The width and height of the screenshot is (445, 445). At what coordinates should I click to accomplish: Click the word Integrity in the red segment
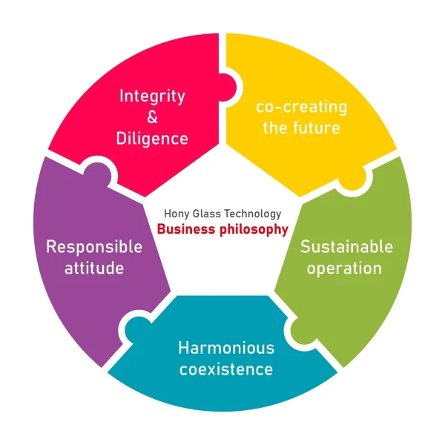pyautogui.click(x=152, y=96)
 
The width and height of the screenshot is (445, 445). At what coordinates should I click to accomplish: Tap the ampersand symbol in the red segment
pyautogui.click(x=152, y=117)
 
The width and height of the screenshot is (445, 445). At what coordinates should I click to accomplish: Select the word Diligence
pyautogui.click(x=152, y=139)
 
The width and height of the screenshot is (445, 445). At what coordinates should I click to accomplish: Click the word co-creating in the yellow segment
pyautogui.click(x=301, y=107)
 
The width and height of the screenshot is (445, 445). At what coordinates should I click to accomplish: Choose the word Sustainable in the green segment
pyautogui.click(x=346, y=246)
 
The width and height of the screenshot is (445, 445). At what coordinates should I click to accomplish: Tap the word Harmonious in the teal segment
pyautogui.click(x=226, y=347)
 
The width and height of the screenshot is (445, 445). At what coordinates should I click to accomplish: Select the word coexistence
pyautogui.click(x=226, y=369)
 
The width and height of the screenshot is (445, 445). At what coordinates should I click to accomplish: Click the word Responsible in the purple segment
pyautogui.click(x=94, y=246)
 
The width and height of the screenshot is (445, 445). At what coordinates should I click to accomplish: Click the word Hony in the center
pyautogui.click(x=177, y=214)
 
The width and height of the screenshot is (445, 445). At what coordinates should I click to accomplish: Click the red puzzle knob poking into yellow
pyautogui.click(x=229, y=89)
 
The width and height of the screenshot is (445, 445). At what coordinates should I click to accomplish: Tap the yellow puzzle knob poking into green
pyautogui.click(x=355, y=177)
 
